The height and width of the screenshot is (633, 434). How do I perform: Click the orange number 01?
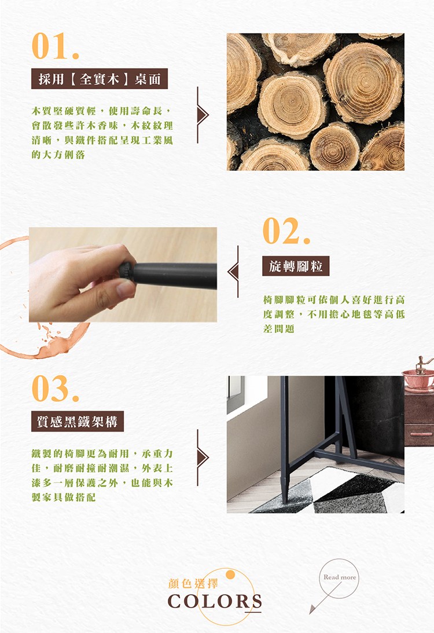tap(55, 46)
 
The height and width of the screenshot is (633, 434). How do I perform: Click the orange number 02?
tap(286, 231)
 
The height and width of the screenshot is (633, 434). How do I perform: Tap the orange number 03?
tap(55, 389)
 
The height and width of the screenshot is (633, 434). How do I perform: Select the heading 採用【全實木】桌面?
tap(99, 79)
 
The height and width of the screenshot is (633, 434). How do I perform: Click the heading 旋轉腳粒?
tap(296, 266)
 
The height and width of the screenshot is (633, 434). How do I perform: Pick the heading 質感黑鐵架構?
tap(78, 422)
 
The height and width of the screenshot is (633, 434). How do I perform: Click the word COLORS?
tap(215, 601)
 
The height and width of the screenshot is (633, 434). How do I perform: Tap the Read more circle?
tap(340, 578)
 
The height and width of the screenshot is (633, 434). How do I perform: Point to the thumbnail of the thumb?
tap(125, 289)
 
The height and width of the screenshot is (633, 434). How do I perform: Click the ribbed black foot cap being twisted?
tap(127, 271)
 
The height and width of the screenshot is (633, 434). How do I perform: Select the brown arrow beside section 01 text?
tap(202, 115)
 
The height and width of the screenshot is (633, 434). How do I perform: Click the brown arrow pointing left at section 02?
tap(234, 272)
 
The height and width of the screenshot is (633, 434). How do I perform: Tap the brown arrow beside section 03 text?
tap(202, 458)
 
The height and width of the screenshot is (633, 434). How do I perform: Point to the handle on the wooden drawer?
tap(421, 434)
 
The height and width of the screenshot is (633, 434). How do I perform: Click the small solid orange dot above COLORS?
tap(230, 575)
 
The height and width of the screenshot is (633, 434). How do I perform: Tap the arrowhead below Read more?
tap(312, 610)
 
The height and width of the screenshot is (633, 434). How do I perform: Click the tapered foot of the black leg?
tap(285, 491)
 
